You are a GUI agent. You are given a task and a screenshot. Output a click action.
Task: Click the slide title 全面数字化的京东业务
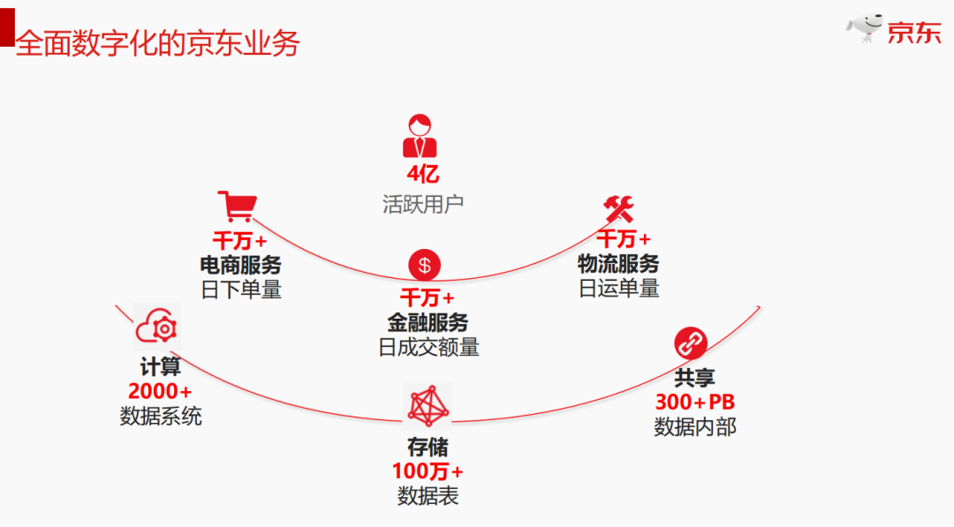pos(158,43)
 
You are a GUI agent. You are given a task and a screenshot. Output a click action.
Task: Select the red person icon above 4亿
pos(420,136)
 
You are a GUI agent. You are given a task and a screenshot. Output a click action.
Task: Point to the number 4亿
pos(421,174)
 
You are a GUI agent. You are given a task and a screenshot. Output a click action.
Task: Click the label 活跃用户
pos(423,205)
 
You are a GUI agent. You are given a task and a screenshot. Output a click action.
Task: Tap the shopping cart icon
pos(236,207)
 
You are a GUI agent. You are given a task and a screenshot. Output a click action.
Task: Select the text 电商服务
pos(240,264)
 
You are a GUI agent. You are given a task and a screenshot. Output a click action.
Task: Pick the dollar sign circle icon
pos(424,265)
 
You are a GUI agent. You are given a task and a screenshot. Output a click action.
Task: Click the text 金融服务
pos(428,322)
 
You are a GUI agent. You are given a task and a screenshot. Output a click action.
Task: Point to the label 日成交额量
pos(428,347)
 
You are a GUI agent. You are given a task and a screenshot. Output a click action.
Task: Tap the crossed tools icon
pos(618,209)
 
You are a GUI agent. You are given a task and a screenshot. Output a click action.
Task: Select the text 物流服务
pos(618,263)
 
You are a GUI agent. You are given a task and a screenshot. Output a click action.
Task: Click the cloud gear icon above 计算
pos(157,327)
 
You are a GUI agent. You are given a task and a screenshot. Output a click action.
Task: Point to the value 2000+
pos(160,391)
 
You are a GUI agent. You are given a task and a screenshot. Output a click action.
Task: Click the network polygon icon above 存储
pos(427,405)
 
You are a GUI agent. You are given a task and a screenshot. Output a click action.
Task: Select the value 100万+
pos(428,471)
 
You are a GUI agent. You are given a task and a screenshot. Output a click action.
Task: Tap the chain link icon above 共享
pos(691,343)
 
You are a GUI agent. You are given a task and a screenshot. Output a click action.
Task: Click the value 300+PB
pos(694,403)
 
